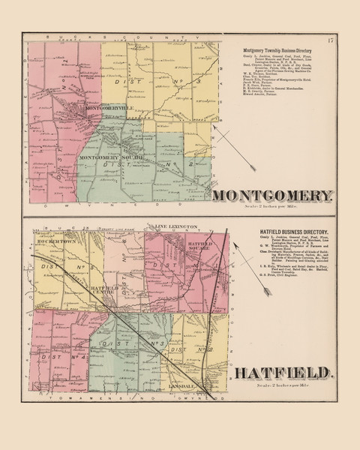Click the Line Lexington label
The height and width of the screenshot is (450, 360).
176,226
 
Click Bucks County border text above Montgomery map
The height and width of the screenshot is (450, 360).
120,37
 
